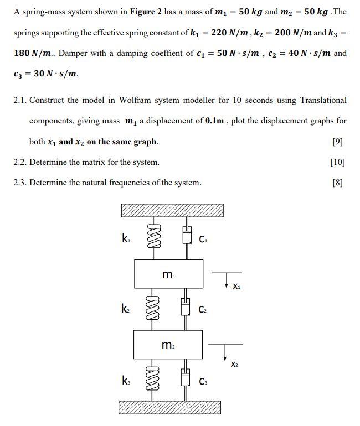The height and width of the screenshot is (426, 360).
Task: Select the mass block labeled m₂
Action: [169, 344]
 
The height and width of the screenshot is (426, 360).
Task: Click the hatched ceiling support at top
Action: [172, 210]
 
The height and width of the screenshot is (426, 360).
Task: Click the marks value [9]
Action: [338, 142]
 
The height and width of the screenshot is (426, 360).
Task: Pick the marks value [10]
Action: [337, 162]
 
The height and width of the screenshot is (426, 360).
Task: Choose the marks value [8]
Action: [338, 183]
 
